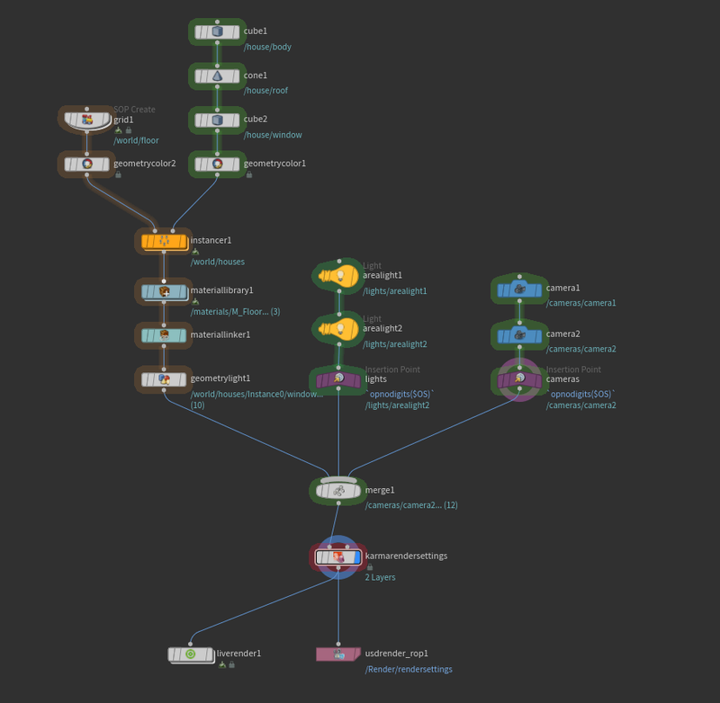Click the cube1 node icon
point(217,31)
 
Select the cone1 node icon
point(217,76)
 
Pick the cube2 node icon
point(217,120)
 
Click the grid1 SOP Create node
point(87,120)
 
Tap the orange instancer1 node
point(164,241)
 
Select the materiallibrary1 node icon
point(164,291)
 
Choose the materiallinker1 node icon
point(164,335)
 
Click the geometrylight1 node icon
point(164,379)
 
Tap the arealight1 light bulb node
point(338,276)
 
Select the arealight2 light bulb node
point(338,329)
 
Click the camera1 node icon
point(519,289)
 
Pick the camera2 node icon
point(519,335)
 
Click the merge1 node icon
point(338,491)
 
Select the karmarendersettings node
point(338,557)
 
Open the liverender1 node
point(191,654)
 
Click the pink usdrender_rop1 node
point(338,654)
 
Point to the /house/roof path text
point(265,91)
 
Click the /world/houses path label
point(217,262)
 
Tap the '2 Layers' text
point(380,577)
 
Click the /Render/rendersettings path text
point(409,670)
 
